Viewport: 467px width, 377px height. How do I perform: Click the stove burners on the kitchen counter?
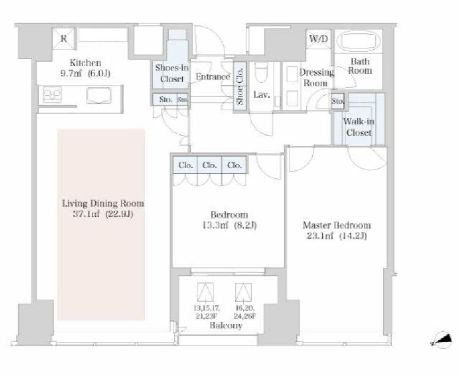(52, 95)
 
